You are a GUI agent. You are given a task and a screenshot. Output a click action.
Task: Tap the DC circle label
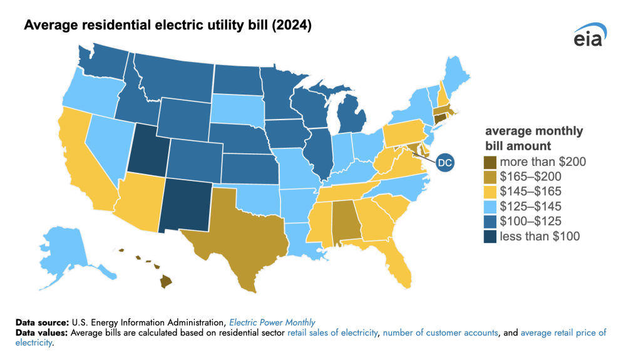click(x=444, y=163)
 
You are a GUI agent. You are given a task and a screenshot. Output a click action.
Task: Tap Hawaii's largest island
click(x=165, y=282)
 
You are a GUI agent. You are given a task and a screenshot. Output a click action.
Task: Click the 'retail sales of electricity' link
click(x=332, y=333)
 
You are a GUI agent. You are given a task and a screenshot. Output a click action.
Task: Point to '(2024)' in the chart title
click(x=287, y=26)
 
